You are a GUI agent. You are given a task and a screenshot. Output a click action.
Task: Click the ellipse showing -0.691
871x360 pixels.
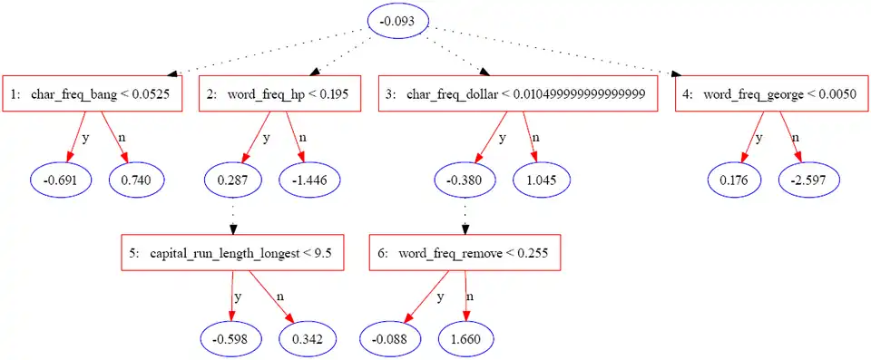[60, 180]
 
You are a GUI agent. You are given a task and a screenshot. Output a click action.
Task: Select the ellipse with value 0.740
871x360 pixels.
[136, 180]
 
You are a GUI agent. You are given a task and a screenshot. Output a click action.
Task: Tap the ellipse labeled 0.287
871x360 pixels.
[233, 180]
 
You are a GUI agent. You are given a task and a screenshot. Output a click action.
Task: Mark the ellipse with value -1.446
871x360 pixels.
[309, 180]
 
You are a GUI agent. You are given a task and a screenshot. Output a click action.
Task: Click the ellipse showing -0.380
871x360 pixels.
[465, 180]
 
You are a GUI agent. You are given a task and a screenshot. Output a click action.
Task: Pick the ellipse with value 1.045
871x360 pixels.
[542, 180]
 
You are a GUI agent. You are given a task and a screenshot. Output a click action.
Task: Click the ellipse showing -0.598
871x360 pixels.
[231, 338]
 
